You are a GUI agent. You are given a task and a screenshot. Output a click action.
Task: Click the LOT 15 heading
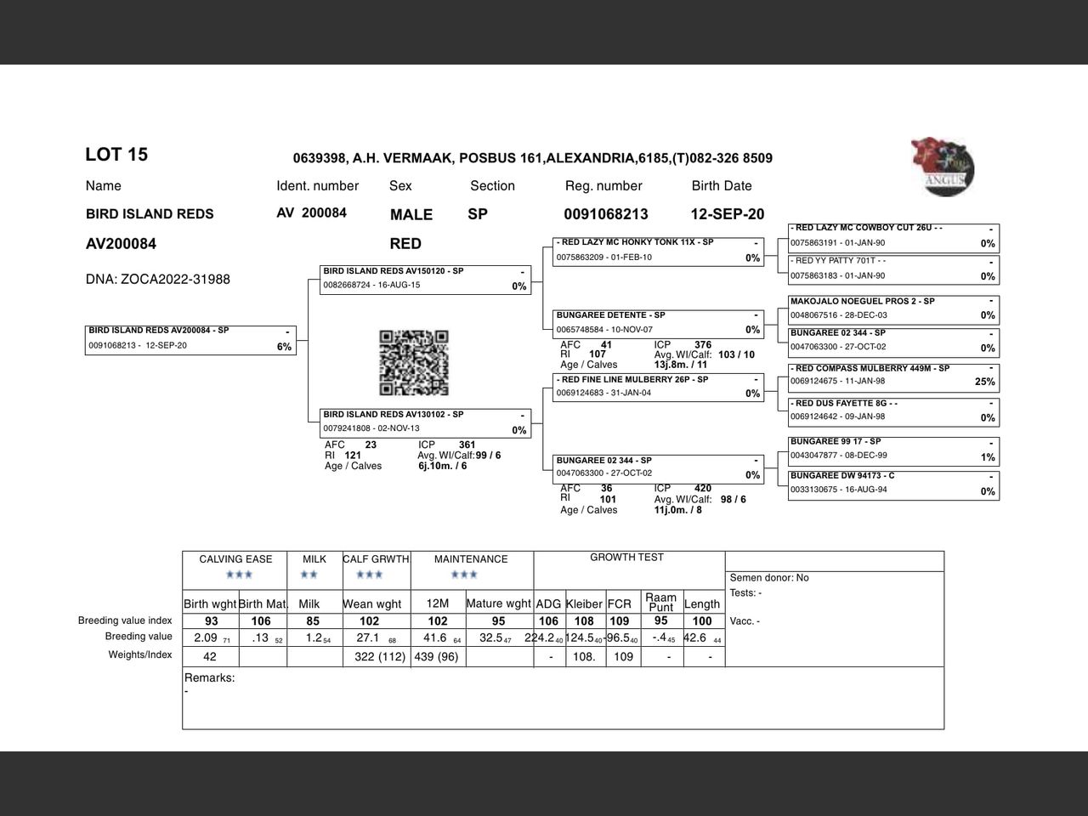(x=116, y=155)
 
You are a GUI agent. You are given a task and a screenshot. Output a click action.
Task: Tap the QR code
(x=414, y=363)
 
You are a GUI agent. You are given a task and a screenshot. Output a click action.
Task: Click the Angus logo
(x=943, y=167)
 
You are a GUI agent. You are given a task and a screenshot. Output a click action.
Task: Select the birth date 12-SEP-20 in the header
(x=727, y=214)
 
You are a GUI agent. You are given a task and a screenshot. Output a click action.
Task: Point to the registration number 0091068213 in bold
(x=606, y=214)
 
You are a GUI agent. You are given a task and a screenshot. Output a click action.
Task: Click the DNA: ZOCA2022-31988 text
(x=158, y=280)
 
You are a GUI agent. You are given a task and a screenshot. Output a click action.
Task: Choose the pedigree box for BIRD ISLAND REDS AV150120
(x=425, y=280)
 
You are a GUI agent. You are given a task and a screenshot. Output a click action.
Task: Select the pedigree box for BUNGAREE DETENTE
(x=658, y=323)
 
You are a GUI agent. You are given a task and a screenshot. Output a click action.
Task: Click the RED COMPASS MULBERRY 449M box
(x=892, y=376)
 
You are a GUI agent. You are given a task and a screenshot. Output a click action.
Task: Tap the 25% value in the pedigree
(x=984, y=382)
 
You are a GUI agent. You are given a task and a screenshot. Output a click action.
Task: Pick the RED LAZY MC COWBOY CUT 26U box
(x=892, y=235)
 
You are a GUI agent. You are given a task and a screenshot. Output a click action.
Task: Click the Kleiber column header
(x=584, y=603)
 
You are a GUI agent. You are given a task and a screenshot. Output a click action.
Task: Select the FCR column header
(x=620, y=603)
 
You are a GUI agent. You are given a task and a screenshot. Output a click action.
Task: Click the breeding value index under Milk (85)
(x=313, y=621)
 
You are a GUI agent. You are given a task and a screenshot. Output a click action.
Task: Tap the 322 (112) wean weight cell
(x=377, y=656)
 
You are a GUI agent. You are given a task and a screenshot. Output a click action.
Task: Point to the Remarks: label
(x=210, y=678)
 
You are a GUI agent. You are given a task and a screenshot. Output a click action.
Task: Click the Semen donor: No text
(x=769, y=578)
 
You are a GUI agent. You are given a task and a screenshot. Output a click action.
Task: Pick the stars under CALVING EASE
(x=239, y=575)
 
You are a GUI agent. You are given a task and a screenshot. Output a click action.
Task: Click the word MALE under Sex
(x=411, y=215)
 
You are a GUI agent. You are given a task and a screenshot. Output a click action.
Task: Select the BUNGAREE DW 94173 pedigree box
(x=892, y=484)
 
